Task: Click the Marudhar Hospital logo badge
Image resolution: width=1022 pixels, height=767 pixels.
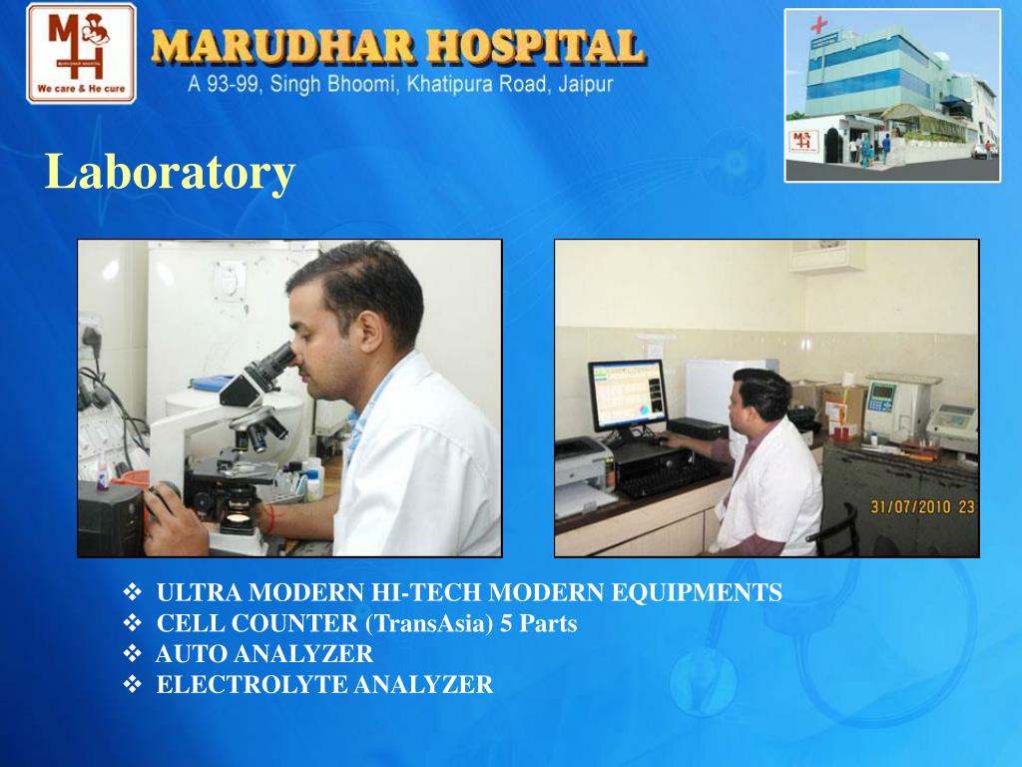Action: click(x=81, y=52)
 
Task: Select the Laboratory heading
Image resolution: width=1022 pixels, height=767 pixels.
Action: click(x=171, y=173)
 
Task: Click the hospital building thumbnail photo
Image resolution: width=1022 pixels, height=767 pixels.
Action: click(x=891, y=95)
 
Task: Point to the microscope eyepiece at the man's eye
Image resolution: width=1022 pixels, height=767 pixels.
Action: click(x=282, y=357)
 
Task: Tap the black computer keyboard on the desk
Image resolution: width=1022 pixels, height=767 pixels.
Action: click(x=666, y=471)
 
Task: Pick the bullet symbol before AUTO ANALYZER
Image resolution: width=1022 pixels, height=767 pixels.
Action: click(x=132, y=655)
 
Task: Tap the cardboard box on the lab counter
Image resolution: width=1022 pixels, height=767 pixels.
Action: click(x=842, y=402)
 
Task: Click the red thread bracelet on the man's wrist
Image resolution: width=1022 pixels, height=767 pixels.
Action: click(x=269, y=517)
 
